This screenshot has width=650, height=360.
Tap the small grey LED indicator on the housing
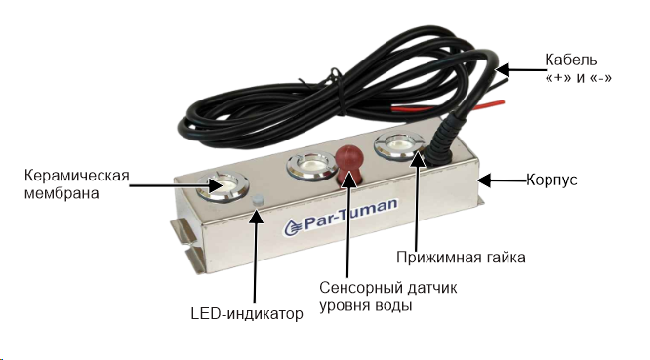point(258,200)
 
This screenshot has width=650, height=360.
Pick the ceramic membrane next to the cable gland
point(399,145)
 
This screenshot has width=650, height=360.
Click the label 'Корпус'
point(551,180)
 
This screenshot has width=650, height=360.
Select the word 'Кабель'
point(571,60)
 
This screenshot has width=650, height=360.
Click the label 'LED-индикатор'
point(247,313)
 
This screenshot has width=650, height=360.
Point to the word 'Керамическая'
point(77,176)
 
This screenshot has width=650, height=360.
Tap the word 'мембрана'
point(61,193)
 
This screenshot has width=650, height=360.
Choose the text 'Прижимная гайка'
point(461,258)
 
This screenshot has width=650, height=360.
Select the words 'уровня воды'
point(366,305)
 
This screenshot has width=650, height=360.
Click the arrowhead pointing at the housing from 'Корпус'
point(484,180)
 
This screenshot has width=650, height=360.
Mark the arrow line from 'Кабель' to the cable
point(520,70)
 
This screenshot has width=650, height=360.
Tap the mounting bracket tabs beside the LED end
point(187,248)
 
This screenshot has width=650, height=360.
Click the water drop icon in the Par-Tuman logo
point(293,227)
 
